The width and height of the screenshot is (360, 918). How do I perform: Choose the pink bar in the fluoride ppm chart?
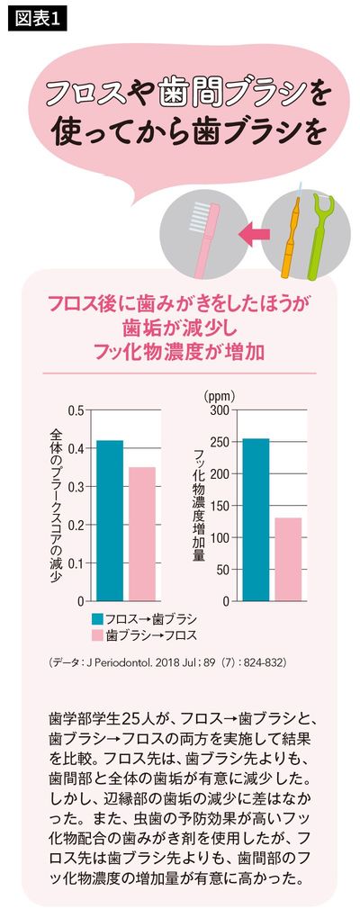[288, 559]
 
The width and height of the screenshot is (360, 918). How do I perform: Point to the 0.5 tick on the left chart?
[76, 410]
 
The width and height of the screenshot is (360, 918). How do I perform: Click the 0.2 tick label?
[76, 525]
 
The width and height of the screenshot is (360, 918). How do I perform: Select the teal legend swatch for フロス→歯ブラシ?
[96, 618]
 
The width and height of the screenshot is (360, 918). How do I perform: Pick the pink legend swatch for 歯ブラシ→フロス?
[96, 635]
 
